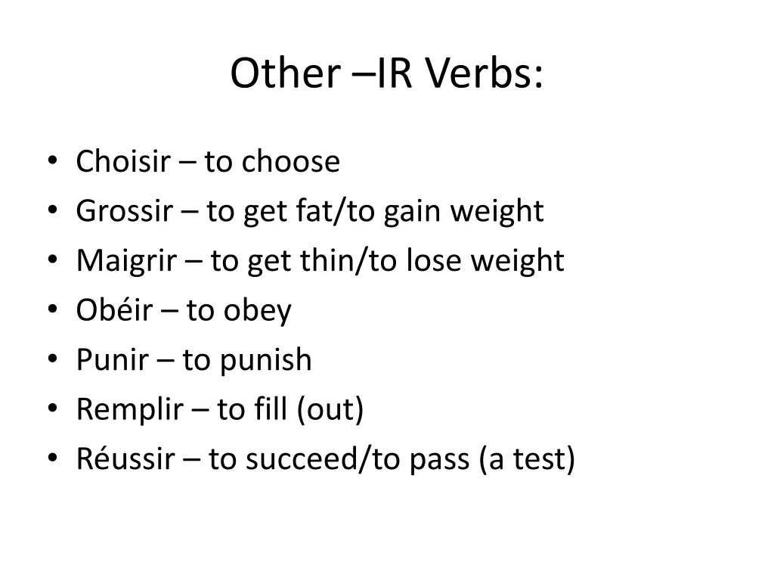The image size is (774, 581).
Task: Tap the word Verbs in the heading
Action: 483,74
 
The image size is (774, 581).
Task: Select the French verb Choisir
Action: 123,161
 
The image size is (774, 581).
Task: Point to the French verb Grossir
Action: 124,211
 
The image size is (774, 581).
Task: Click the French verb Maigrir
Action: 127,261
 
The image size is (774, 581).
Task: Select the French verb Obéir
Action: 114,310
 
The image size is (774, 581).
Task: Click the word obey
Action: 257,312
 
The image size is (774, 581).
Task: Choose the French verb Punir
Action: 112,360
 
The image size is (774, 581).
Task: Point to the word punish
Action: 265,361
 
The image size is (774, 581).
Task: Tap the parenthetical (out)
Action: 330,410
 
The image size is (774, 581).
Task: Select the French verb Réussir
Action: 125,459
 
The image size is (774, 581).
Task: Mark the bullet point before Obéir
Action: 51,311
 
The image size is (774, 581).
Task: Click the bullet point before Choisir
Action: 51,162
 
